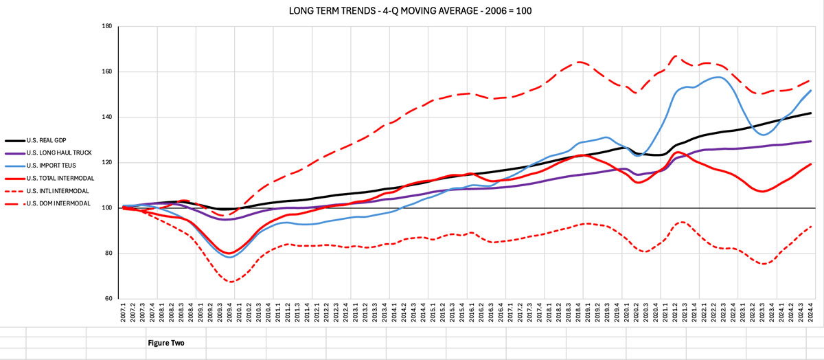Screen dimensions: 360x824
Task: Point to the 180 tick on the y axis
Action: click(106, 26)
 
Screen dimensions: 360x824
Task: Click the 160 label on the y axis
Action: click(106, 71)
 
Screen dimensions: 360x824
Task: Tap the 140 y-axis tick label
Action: click(106, 117)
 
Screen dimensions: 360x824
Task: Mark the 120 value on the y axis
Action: click(106, 162)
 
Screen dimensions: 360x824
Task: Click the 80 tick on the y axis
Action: click(108, 254)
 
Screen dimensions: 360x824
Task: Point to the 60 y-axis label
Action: click(108, 299)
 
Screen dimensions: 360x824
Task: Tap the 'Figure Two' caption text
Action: click(166, 341)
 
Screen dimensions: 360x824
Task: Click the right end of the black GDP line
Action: click(811, 113)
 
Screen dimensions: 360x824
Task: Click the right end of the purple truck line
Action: click(811, 142)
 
